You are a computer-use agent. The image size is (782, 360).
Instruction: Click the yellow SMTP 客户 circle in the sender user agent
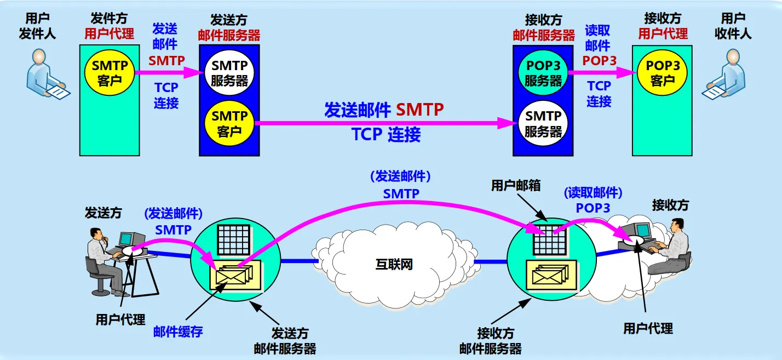110,72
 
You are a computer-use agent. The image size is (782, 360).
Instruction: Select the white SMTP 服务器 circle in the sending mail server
229,73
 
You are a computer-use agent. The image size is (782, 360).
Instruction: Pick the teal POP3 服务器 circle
543,73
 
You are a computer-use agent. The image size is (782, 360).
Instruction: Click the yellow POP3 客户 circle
663,73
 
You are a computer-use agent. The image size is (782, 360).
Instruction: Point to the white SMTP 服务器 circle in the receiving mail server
543,123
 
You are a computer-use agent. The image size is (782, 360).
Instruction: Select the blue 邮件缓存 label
178,332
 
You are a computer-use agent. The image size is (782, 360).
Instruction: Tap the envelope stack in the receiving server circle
551,274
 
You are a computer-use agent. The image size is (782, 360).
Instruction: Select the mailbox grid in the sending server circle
234,240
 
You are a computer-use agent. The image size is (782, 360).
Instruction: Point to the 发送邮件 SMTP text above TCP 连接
383,110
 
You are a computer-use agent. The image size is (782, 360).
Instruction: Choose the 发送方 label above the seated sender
103,212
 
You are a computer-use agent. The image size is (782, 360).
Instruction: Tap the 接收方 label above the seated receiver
670,205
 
